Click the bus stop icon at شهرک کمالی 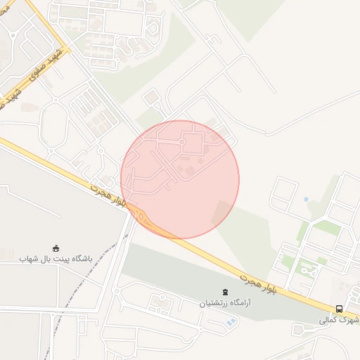340,309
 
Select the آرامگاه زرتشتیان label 224,304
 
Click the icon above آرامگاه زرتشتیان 225,292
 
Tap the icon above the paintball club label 56,247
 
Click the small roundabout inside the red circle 182,142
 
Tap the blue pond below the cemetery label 231,321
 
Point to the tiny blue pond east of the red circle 307,200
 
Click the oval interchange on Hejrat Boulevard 142,217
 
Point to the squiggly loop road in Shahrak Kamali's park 306,267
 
